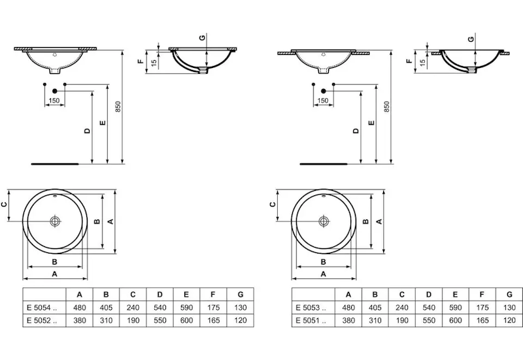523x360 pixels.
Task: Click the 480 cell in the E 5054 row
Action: [79, 306]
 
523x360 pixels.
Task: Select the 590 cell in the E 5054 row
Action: [186, 306]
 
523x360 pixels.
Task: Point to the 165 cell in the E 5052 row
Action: [213, 320]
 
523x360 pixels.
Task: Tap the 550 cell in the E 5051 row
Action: [428, 320]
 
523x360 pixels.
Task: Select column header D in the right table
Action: [428, 293]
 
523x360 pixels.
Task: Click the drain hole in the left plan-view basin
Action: [56, 221]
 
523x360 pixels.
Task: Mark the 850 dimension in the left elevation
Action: [118, 107]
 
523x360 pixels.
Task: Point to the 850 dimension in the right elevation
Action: [386, 107]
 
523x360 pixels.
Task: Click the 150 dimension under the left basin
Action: [54, 101]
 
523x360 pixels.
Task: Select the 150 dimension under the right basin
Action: [322, 101]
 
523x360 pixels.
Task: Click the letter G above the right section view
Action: [471, 39]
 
